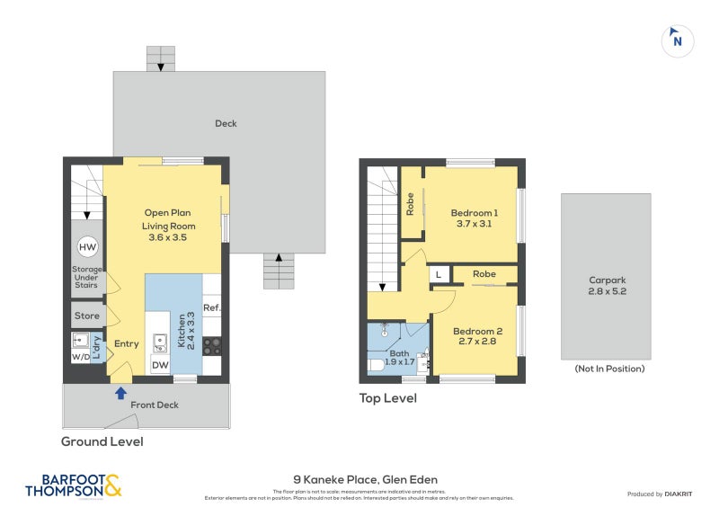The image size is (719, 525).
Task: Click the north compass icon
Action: (x=678, y=40)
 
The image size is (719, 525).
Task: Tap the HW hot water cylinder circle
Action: (x=87, y=247)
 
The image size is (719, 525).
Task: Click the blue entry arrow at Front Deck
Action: (x=120, y=391)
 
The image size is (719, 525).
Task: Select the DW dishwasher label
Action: (x=159, y=364)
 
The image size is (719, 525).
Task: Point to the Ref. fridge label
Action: (x=212, y=308)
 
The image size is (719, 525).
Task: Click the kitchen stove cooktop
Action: (x=212, y=344)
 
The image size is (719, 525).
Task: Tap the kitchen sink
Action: (x=159, y=342)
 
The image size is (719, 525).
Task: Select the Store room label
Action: (x=87, y=316)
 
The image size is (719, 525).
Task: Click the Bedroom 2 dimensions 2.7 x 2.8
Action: (x=477, y=342)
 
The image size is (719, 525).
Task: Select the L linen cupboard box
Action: (x=439, y=274)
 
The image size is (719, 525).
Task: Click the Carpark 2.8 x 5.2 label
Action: (x=606, y=285)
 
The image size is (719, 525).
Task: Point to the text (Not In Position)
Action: (x=609, y=369)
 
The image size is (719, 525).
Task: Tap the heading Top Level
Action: (x=387, y=397)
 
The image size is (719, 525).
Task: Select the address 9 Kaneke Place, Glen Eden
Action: (x=365, y=479)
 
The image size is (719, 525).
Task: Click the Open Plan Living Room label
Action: (x=169, y=219)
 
